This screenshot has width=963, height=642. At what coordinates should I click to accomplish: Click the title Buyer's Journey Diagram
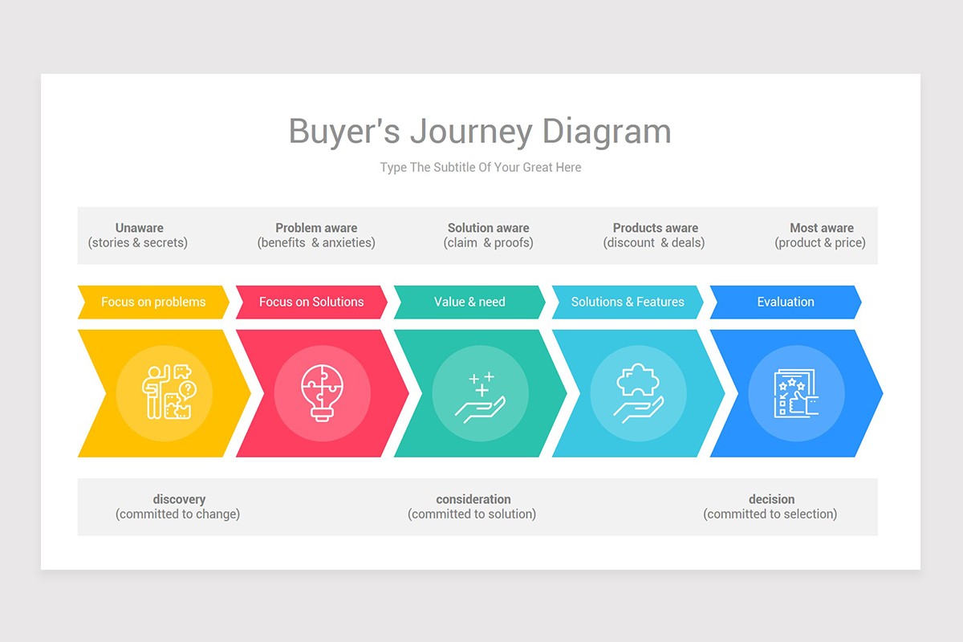[x=480, y=132]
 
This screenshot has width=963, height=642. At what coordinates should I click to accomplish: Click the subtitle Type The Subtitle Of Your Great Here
[x=480, y=168]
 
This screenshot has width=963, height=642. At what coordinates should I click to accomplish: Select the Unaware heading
[x=139, y=228]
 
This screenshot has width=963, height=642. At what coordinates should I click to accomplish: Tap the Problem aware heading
[x=316, y=228]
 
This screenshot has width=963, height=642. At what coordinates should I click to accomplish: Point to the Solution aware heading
[x=488, y=228]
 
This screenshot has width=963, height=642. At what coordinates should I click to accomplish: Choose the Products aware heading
[x=655, y=228]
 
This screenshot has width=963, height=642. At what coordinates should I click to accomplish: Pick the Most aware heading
[x=821, y=228]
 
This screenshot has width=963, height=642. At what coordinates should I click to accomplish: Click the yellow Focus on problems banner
[x=153, y=302]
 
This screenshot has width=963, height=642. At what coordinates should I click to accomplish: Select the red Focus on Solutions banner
[x=311, y=302]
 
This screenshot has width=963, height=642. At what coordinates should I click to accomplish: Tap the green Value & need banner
[x=469, y=302]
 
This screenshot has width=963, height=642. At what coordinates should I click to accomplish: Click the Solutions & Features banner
[x=628, y=302]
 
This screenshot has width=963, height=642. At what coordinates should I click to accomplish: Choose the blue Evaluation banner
[x=786, y=302]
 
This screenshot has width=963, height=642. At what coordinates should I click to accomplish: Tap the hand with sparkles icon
[x=480, y=393]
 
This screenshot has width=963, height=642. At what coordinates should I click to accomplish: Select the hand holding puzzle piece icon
[x=638, y=393]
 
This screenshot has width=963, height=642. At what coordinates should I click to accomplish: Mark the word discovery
[x=179, y=499]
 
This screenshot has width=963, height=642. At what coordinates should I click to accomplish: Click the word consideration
[x=473, y=499]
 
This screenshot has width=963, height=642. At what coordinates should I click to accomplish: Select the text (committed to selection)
[x=770, y=514]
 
